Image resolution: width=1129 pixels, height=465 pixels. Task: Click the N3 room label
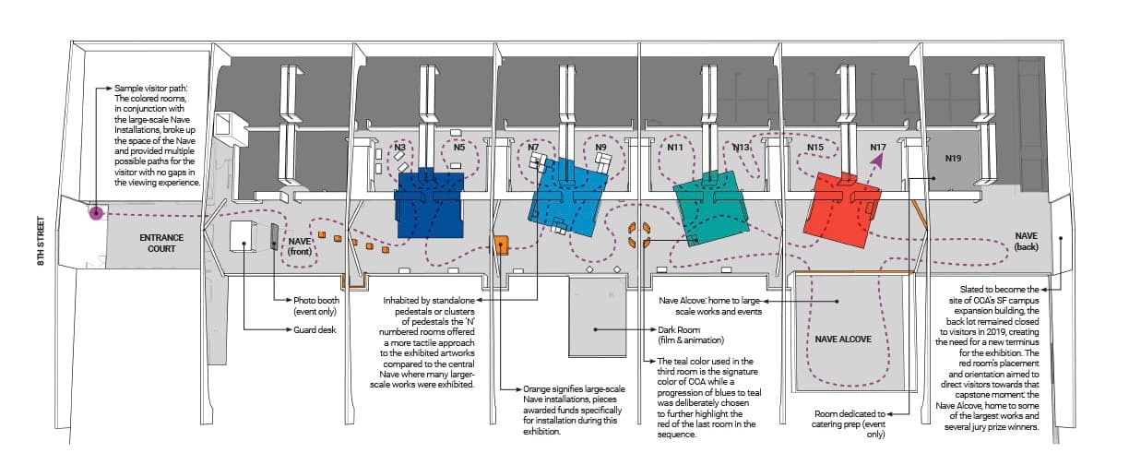coord(399,148)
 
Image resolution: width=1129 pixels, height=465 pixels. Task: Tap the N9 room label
coord(600,148)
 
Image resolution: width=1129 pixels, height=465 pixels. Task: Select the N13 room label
coord(741,148)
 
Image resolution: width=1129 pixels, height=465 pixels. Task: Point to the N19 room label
coord(953,159)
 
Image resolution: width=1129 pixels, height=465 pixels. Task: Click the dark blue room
coord(430,204)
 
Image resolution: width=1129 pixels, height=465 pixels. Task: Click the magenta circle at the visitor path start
coord(96,213)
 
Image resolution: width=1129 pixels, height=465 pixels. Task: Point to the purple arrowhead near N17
coord(877,161)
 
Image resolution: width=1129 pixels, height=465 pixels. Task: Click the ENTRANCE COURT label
coord(161,243)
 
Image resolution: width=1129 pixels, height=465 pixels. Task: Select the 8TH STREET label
coord(41,241)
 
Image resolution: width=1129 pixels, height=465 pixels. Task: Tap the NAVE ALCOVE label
coord(843,340)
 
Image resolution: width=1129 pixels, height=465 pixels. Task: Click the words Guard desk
coord(315,330)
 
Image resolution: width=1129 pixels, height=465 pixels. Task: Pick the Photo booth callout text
coord(316,305)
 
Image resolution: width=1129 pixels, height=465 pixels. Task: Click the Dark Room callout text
coord(691,335)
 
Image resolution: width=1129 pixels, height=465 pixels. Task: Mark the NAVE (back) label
coord(1027,241)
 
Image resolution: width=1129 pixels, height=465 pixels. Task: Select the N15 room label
coord(815,148)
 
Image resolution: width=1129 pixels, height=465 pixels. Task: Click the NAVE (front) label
coord(300,246)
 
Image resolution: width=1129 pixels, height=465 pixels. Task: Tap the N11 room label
coord(675,148)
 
